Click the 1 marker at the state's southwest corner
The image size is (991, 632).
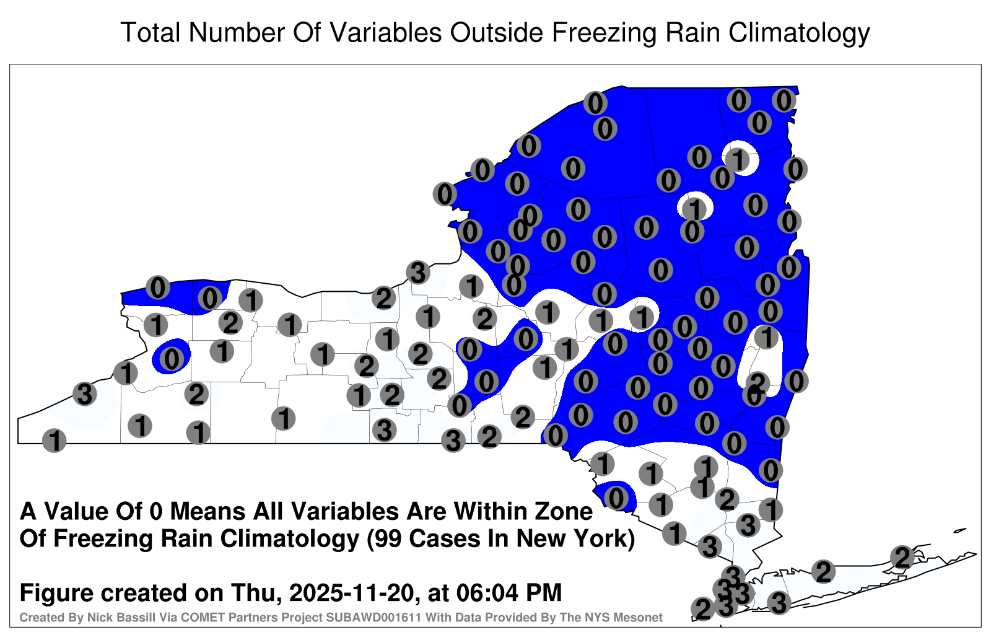point(54,441)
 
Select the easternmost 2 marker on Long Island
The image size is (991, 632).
point(902,557)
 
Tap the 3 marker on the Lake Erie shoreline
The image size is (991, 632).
point(84,393)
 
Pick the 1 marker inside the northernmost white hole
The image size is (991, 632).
point(738,159)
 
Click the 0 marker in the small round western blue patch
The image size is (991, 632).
point(172,359)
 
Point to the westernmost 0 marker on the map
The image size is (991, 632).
point(157,287)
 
